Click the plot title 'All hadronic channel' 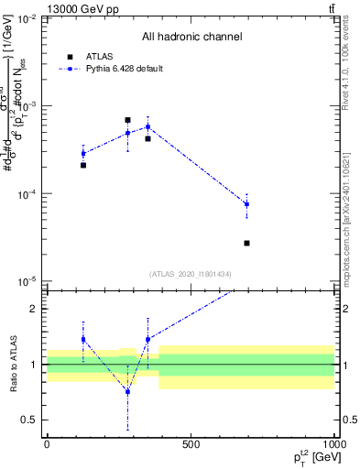tap(191, 37)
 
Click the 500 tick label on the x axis tap(191, 444)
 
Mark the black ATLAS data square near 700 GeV tap(246, 243)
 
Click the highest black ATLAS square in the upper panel tap(127, 120)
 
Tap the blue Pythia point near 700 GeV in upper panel tap(246, 204)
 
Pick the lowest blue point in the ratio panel tap(127, 391)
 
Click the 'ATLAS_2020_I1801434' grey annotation tap(191, 274)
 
